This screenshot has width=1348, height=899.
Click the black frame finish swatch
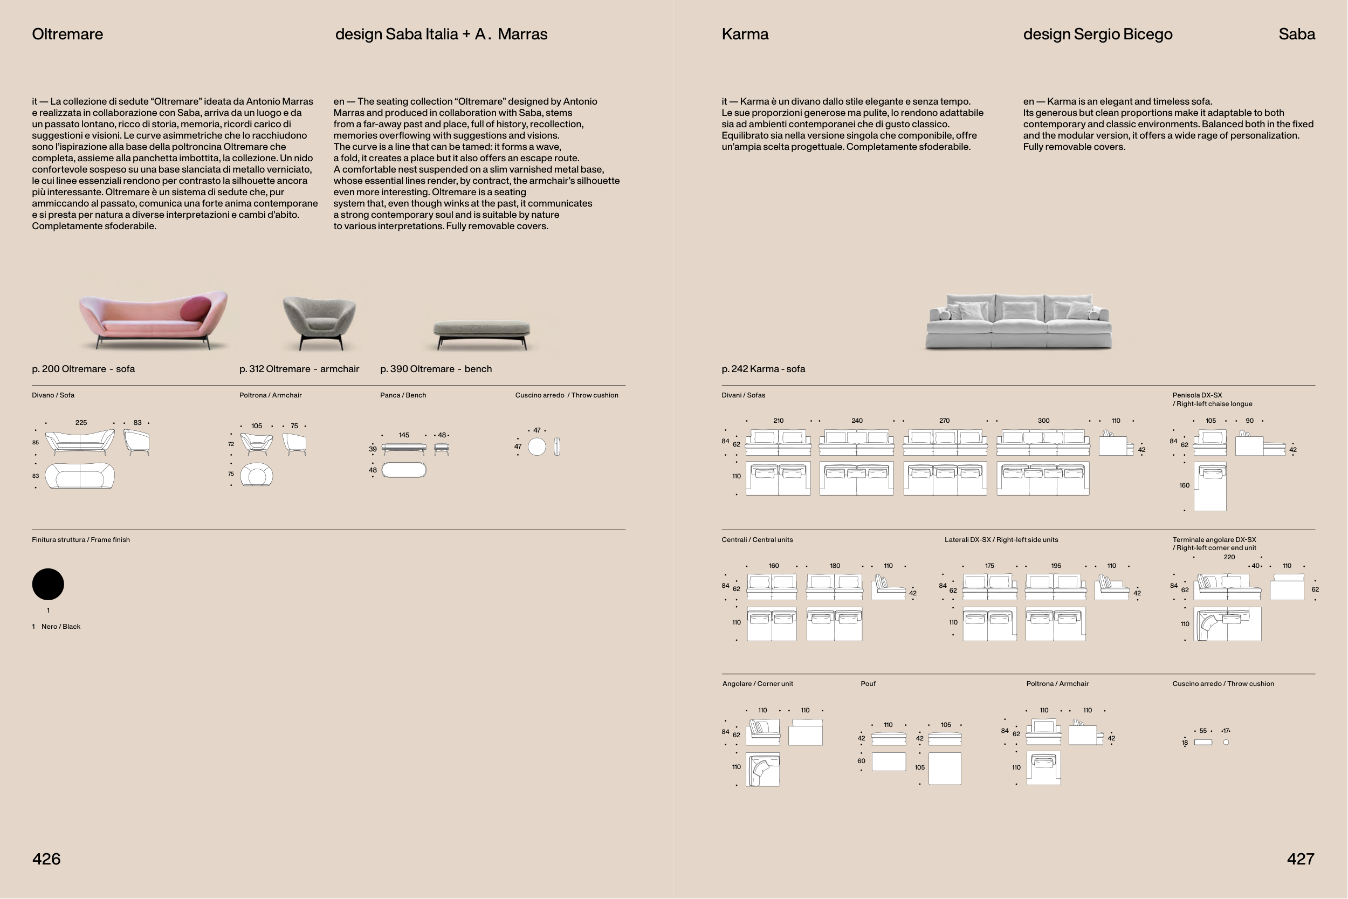(48, 584)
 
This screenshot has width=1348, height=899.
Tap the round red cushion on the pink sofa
(195, 309)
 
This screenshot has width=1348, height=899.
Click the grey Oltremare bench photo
(482, 334)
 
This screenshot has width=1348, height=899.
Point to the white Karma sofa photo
(1019, 321)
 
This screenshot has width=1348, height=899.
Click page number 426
(46, 859)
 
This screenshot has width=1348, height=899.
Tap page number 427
(1301, 859)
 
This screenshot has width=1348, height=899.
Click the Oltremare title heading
(67, 35)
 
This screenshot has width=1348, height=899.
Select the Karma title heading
(745, 35)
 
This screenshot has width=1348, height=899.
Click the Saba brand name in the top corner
(1297, 35)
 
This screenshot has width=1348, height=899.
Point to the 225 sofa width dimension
(81, 423)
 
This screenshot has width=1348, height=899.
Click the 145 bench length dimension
(404, 435)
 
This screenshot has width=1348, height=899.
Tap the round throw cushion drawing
(537, 447)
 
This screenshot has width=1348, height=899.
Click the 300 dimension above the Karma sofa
(1044, 421)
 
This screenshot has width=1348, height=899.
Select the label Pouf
(868, 684)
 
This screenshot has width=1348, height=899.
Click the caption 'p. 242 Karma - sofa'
(764, 369)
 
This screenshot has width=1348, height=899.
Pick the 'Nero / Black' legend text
(61, 627)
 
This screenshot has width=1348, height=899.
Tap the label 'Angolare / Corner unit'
(758, 684)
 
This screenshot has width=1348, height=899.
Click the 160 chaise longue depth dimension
(1185, 485)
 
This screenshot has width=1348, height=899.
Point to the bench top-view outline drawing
(404, 470)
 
